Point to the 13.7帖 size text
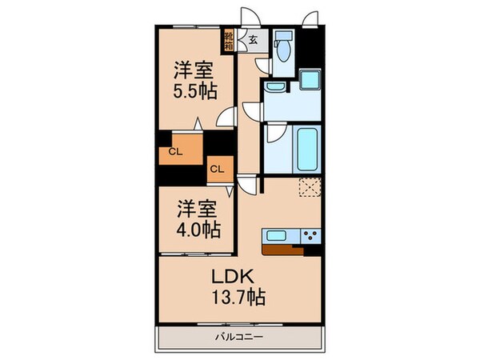pos(238,297)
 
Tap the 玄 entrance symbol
pos(251,38)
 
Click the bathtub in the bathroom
pos(308,148)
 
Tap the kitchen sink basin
pos(279,235)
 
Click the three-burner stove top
pos(310,235)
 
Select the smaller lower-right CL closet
pos(217,167)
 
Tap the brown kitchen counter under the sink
pos(283,248)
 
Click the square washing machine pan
pos(309,81)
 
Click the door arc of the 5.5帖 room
pos(226,117)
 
